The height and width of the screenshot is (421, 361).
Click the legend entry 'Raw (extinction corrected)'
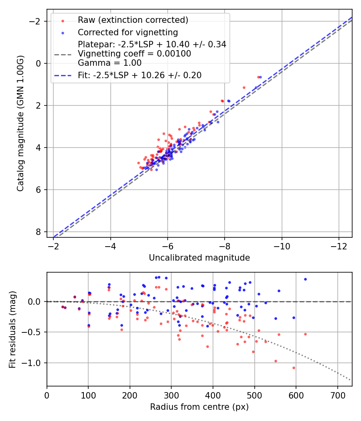point(133,20)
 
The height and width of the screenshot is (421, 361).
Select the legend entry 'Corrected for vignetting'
point(128,32)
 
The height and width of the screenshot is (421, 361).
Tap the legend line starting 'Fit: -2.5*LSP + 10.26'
point(140,75)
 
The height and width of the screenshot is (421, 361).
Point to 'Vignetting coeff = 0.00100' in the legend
point(134,53)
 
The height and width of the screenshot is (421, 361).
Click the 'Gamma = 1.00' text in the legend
point(110,63)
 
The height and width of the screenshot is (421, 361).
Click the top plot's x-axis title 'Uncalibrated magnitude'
point(199,258)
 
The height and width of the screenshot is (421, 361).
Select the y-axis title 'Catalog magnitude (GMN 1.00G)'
point(20,123)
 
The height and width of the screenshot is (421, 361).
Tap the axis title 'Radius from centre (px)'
point(199,407)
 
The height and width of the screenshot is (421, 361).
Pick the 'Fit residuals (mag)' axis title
point(12,329)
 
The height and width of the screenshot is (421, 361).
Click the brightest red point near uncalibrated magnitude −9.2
point(258,77)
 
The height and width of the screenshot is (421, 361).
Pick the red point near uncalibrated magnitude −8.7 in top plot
point(244,87)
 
